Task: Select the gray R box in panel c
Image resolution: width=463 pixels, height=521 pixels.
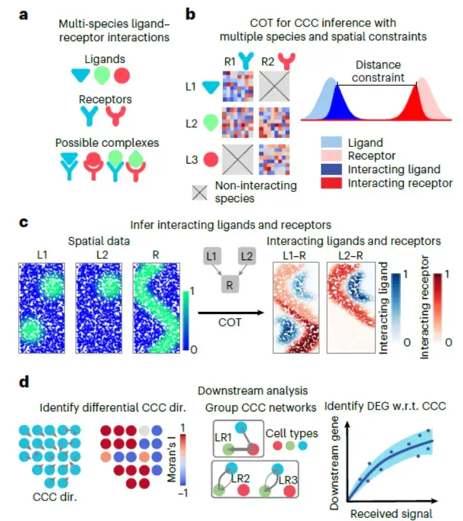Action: click(x=228, y=284)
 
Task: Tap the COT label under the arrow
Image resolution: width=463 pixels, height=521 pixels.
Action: click(x=230, y=322)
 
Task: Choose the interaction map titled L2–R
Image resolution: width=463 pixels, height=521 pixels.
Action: click(x=350, y=308)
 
